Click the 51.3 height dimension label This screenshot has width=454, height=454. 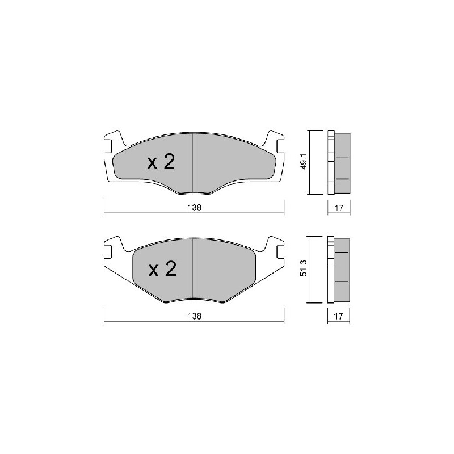[x=304, y=268]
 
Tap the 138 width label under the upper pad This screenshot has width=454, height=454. [x=194, y=208]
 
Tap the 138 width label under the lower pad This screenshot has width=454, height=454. [x=194, y=316]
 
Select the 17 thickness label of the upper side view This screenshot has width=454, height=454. [x=339, y=208]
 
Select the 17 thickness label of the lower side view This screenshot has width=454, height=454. [x=338, y=316]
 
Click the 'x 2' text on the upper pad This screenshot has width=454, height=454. [x=161, y=162]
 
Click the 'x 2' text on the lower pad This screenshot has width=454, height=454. [x=162, y=268]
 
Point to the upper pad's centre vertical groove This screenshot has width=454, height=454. [x=194, y=163]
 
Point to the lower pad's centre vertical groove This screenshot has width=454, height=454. [x=194, y=268]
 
